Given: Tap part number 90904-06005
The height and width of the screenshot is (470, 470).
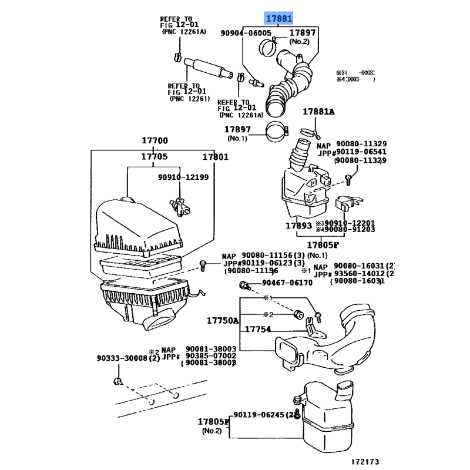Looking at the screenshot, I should [246, 33].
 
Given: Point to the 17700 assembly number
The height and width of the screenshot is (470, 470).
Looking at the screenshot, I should [155, 140].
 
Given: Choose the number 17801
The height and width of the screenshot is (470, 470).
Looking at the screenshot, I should [216, 157].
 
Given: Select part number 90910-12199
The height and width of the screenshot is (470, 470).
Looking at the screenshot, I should [183, 177].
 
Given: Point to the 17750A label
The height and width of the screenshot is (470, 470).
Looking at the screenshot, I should [223, 321].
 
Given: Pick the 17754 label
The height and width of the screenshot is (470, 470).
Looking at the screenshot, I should [258, 330].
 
